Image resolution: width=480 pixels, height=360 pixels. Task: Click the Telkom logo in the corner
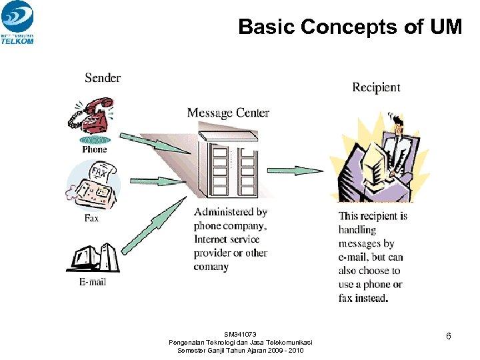click(x=17, y=22)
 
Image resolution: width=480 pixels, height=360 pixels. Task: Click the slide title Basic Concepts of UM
click(x=349, y=27)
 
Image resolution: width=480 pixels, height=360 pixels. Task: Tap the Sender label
click(x=103, y=78)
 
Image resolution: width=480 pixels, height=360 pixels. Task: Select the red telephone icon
click(x=93, y=115)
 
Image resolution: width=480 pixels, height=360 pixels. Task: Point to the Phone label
click(x=94, y=149)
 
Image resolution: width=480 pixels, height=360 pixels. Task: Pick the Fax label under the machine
click(x=91, y=218)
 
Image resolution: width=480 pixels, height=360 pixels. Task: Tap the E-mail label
click(x=93, y=282)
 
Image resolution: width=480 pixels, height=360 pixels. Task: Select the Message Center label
click(x=228, y=113)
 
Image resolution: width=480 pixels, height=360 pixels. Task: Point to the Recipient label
click(x=376, y=87)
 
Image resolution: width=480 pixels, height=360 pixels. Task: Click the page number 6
click(x=449, y=337)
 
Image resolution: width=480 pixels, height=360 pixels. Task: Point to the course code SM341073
click(x=240, y=334)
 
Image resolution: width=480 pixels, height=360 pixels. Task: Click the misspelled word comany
click(x=211, y=267)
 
